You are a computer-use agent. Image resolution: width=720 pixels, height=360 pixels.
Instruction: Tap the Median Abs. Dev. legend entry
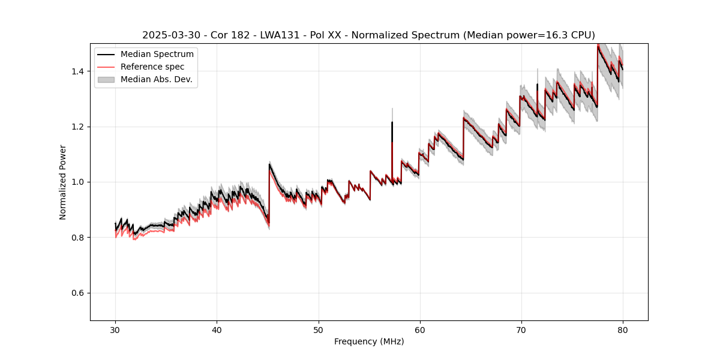(x=156, y=79)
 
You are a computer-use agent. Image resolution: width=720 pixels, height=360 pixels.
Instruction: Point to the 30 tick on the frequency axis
(x=115, y=330)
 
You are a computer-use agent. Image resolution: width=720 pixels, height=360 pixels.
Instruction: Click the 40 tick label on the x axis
(x=217, y=330)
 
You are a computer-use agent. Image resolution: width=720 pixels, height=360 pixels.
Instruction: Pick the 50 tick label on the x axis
(x=318, y=330)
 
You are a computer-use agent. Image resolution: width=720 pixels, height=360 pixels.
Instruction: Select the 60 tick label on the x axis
(x=419, y=330)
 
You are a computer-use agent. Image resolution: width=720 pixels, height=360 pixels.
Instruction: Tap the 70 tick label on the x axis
(x=521, y=330)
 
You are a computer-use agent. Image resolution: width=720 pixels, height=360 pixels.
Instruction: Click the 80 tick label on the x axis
(x=622, y=330)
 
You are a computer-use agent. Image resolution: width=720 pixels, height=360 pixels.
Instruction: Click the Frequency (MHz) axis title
(x=369, y=341)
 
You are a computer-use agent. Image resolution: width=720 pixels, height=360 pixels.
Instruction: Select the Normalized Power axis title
(x=63, y=182)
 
